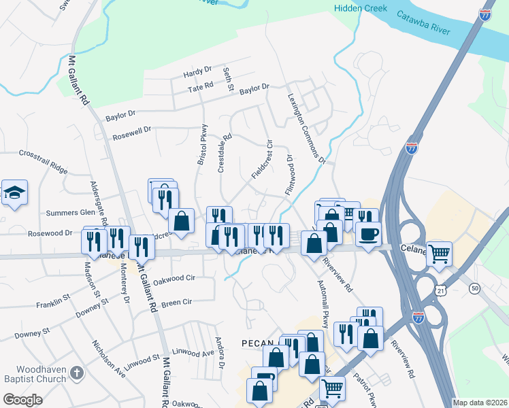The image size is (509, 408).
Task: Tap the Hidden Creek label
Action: point(361,8)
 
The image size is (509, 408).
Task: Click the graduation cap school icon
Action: point(14,193)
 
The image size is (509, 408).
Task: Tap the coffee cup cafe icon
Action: point(368,235)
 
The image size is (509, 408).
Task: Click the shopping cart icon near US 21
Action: point(440,254)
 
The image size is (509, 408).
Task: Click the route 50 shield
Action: point(474,289)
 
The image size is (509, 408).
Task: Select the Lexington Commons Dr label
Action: point(306,129)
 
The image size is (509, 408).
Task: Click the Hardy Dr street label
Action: point(198,71)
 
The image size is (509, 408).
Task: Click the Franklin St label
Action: point(54,299)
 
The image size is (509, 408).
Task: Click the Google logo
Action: point(23,400)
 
